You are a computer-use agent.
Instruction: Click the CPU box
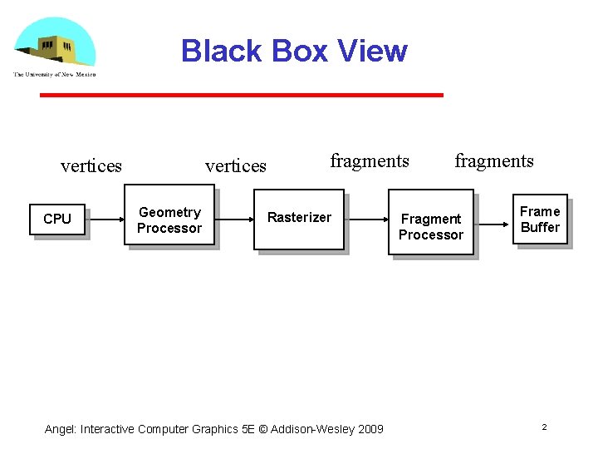click(57, 220)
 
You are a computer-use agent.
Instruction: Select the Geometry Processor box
click(169, 220)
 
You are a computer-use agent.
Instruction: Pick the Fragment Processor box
click(431, 226)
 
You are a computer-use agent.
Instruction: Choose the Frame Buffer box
click(540, 220)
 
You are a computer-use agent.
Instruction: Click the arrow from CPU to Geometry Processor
click(105, 220)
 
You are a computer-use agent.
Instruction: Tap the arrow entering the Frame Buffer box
click(493, 224)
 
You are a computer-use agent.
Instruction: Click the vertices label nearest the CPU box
click(91, 166)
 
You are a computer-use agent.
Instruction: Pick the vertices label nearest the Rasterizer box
click(236, 166)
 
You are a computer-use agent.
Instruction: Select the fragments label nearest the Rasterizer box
click(370, 161)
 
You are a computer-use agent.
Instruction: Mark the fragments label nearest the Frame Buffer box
click(494, 161)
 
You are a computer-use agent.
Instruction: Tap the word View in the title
click(372, 52)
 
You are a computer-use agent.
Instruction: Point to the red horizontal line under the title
click(242, 96)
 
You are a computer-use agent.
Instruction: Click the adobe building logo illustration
click(54, 43)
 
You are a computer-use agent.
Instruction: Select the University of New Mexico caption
click(54, 75)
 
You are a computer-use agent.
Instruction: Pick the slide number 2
click(544, 427)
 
